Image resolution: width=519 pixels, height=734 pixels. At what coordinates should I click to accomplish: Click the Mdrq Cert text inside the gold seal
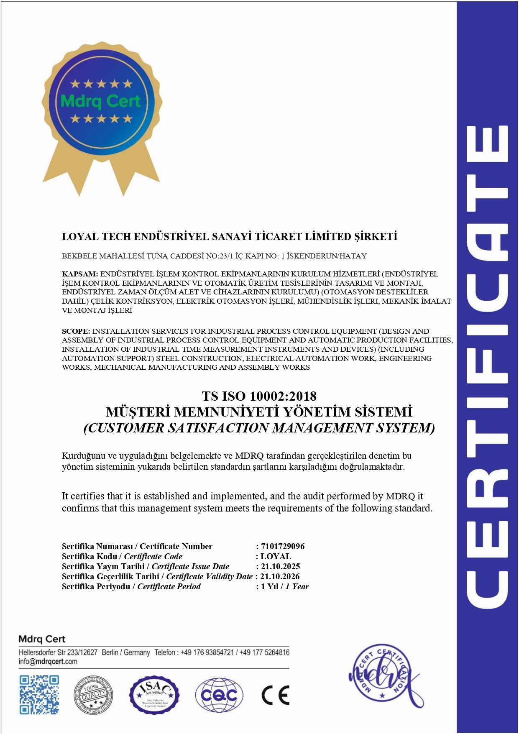click(x=100, y=102)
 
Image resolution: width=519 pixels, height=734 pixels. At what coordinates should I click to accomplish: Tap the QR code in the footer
click(x=39, y=695)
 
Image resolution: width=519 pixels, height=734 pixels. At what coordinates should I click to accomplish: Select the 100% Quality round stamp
click(x=93, y=695)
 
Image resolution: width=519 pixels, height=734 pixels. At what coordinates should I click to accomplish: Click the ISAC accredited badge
click(x=154, y=695)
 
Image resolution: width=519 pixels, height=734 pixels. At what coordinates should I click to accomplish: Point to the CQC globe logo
click(x=219, y=695)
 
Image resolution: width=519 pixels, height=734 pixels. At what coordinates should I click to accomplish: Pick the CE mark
click(x=275, y=695)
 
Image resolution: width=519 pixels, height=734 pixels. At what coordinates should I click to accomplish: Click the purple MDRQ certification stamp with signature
click(x=383, y=673)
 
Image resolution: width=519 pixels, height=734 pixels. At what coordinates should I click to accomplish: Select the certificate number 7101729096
click(x=283, y=546)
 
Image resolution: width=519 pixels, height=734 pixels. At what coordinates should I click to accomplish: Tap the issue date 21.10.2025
click(x=280, y=566)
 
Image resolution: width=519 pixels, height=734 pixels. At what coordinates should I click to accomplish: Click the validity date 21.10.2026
click(x=280, y=576)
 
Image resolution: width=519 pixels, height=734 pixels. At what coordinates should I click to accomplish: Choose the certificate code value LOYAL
click(x=276, y=556)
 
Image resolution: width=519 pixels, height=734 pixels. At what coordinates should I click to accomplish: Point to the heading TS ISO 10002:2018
click(x=259, y=396)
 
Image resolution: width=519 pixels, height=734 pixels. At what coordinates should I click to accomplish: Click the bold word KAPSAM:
click(x=80, y=274)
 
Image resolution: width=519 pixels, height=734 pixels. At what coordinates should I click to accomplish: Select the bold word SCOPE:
click(x=76, y=331)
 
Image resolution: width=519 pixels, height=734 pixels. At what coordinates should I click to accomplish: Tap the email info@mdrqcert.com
click(x=48, y=661)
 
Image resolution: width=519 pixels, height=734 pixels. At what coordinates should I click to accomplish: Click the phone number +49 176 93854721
click(x=207, y=652)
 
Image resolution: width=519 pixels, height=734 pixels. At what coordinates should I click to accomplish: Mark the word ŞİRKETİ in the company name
click(x=376, y=237)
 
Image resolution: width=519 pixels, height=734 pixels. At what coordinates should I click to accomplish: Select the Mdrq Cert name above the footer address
click(x=42, y=639)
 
